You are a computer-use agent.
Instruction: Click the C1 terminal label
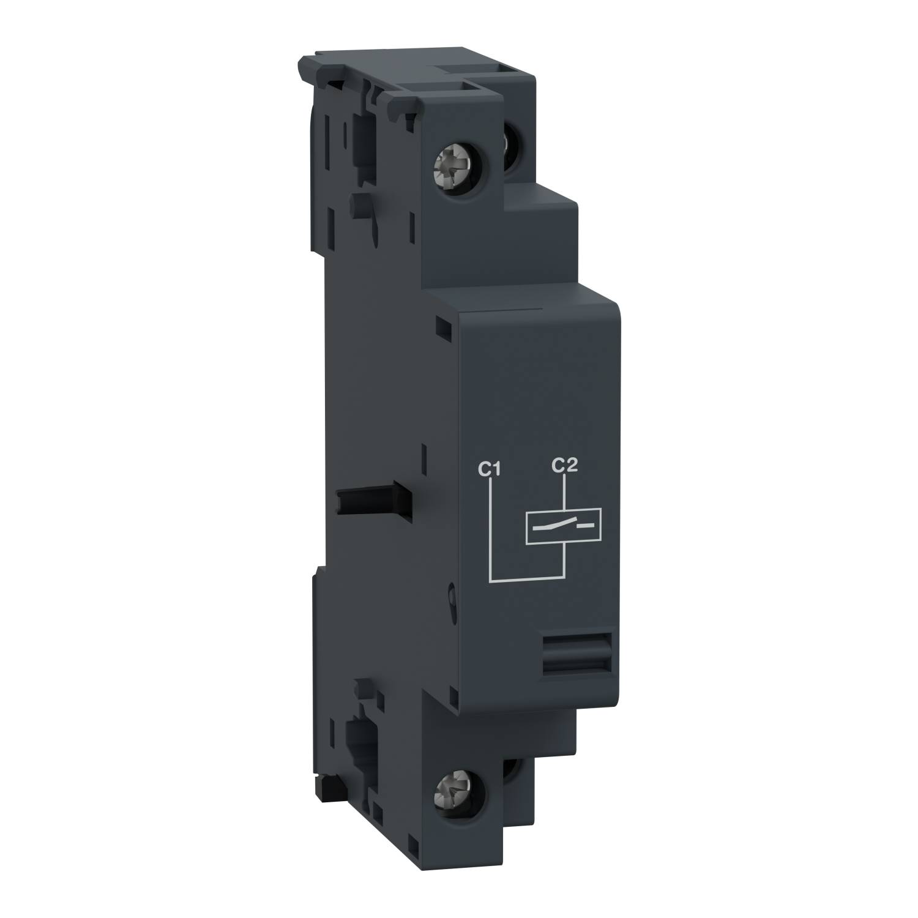(x=490, y=469)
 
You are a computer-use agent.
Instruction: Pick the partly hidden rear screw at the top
(x=509, y=144)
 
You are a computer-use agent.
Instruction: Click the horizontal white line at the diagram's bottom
(x=526, y=578)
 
